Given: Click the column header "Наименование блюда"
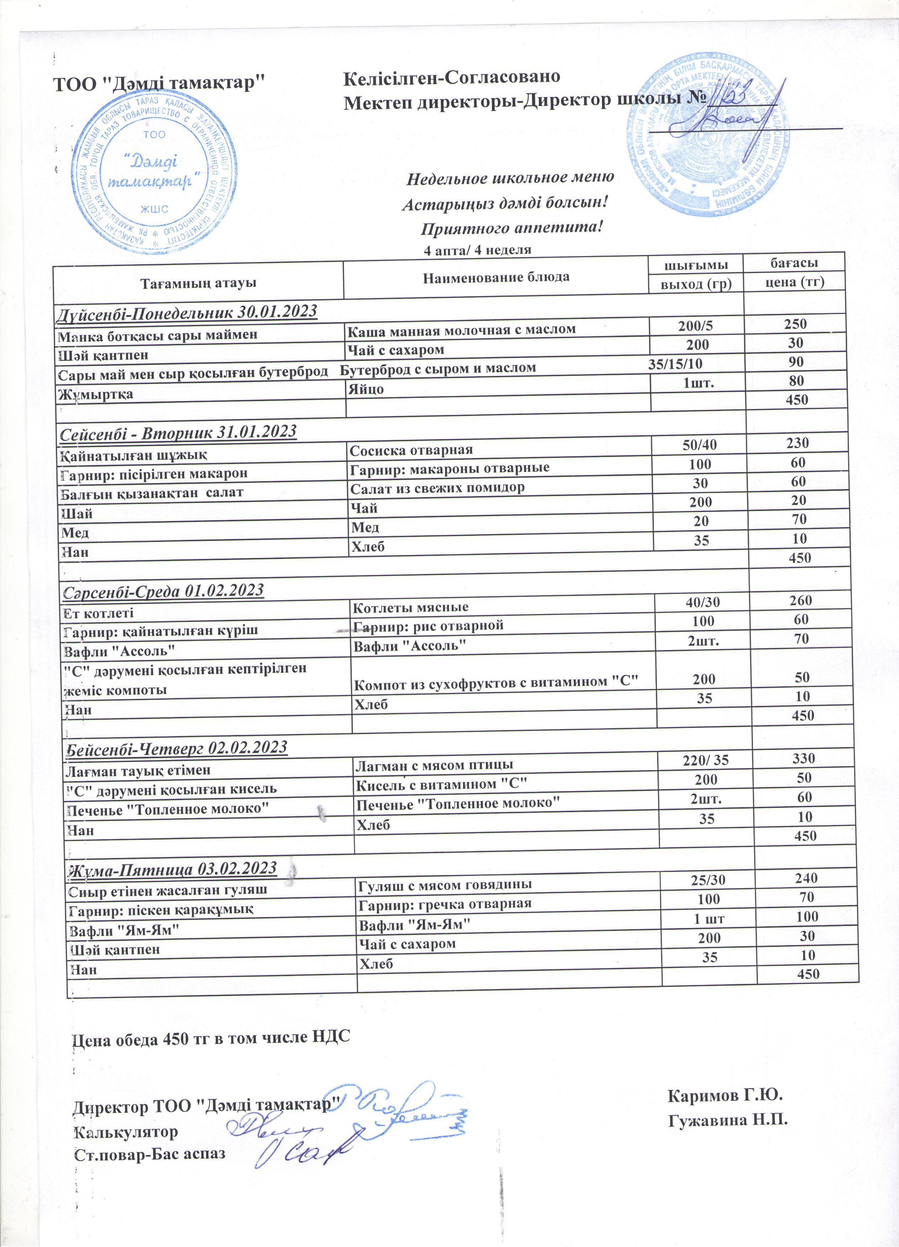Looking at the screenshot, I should [x=496, y=277].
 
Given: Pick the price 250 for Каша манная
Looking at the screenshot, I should [x=795, y=324].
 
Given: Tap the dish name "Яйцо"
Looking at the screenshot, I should [x=366, y=390].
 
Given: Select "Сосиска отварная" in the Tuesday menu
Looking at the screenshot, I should [x=411, y=450].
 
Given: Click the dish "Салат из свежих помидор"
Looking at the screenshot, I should [x=437, y=488].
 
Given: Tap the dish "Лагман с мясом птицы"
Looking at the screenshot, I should [x=434, y=764].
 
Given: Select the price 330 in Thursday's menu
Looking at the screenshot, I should [x=803, y=759].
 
